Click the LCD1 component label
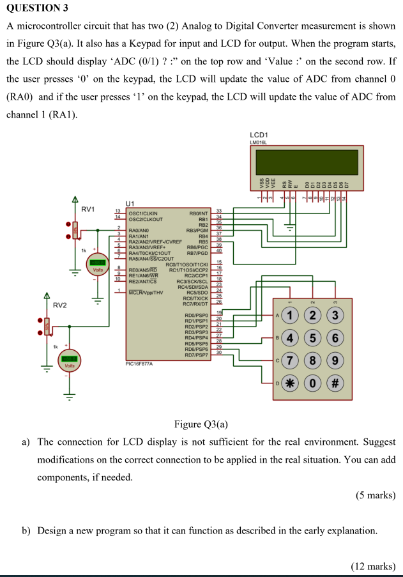coord(259,135)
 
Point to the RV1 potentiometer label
coord(87,209)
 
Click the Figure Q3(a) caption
coord(201,424)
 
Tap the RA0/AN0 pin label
coord(139,229)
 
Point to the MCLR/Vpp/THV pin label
coord(146,292)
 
